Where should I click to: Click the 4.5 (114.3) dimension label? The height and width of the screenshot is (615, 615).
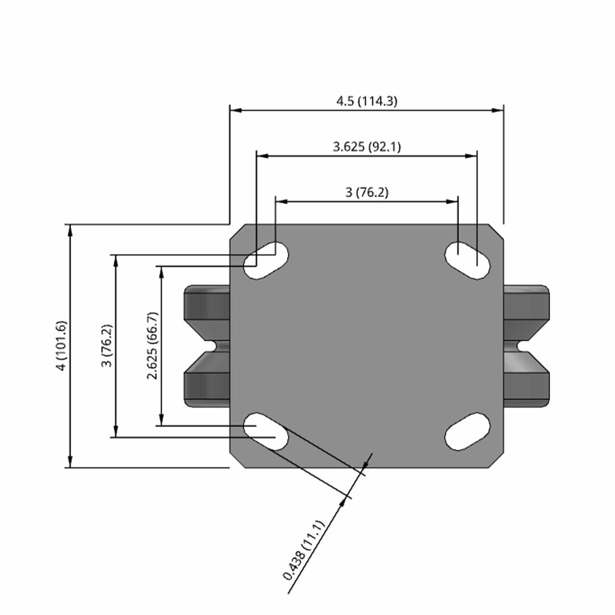[x=367, y=101]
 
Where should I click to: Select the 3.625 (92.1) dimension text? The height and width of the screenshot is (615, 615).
[x=367, y=147]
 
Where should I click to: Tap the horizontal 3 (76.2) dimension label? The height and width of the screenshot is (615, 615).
[x=367, y=193]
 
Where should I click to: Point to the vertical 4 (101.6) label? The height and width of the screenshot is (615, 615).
[x=62, y=345]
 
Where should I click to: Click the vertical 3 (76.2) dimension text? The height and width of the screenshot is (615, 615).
[x=107, y=345]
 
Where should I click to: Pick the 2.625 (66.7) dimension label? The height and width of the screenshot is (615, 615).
[x=153, y=345]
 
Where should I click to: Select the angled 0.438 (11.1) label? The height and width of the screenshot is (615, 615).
[x=304, y=550]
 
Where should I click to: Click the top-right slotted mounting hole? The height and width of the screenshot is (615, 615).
[x=467, y=261]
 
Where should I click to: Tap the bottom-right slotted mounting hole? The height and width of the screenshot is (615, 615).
[x=467, y=431]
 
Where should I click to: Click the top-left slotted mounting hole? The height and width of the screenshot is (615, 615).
[x=266, y=261]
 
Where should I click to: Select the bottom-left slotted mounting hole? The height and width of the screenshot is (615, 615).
[x=266, y=431]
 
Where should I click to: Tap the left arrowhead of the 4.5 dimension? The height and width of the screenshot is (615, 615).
[x=235, y=111]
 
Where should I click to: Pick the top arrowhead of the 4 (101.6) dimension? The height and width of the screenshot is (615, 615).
[x=70, y=230]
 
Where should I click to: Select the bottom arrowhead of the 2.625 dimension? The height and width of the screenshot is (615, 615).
[x=161, y=420]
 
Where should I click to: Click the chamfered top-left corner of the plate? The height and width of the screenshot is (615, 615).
[x=238, y=232]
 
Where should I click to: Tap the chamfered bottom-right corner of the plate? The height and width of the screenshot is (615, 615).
[x=495, y=459]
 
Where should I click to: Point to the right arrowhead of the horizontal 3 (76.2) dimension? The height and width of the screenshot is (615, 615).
[x=452, y=202]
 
